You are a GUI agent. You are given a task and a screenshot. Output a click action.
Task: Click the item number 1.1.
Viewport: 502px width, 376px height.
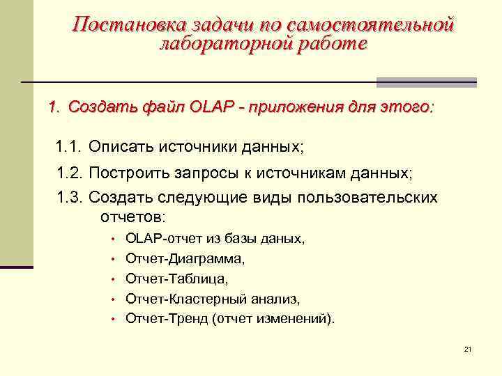68,148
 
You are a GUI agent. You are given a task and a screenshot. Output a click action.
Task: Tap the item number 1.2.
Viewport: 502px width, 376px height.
68,173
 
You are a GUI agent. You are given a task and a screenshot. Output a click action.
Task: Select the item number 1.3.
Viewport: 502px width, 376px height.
68,197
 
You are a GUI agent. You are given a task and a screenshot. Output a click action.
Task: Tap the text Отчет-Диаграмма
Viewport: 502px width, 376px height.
185,259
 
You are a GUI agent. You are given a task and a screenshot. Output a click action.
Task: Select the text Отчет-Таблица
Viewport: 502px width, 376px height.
176,279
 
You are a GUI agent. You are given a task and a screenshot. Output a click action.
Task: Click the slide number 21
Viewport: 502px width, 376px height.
467,348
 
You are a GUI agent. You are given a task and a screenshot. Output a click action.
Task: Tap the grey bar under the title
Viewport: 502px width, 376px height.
426,82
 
